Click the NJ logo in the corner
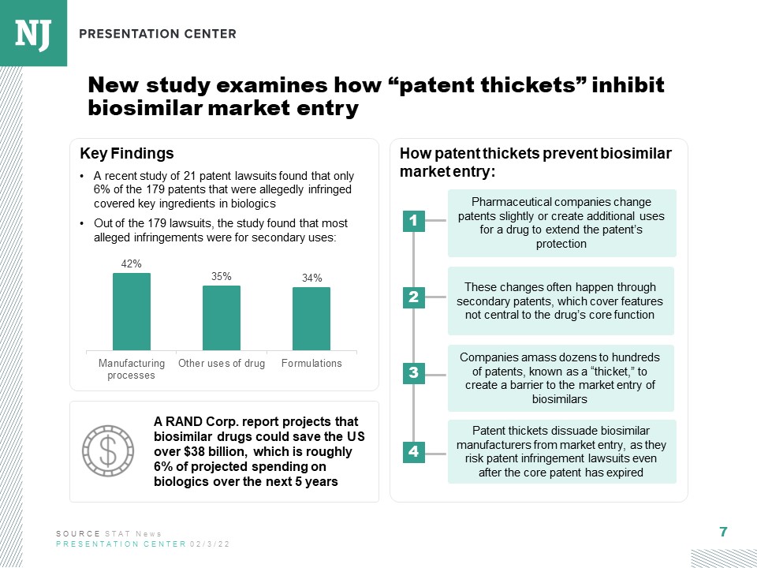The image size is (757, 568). (x=33, y=32)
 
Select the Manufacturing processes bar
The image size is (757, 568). (x=132, y=312)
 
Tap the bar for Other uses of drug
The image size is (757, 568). (x=222, y=318)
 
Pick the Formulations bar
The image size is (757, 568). (x=311, y=319)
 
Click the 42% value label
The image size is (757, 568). (x=132, y=264)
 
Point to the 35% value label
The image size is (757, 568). (x=222, y=277)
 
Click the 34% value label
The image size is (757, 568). (x=311, y=278)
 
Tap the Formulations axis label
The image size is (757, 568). (x=311, y=364)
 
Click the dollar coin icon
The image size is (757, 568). (x=109, y=450)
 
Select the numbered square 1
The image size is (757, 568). (x=413, y=222)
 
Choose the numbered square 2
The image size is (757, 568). (x=413, y=297)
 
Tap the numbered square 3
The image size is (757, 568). (x=413, y=373)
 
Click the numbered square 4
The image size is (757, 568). (x=413, y=452)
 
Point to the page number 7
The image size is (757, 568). (x=723, y=532)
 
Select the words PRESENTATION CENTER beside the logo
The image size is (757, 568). (x=158, y=34)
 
